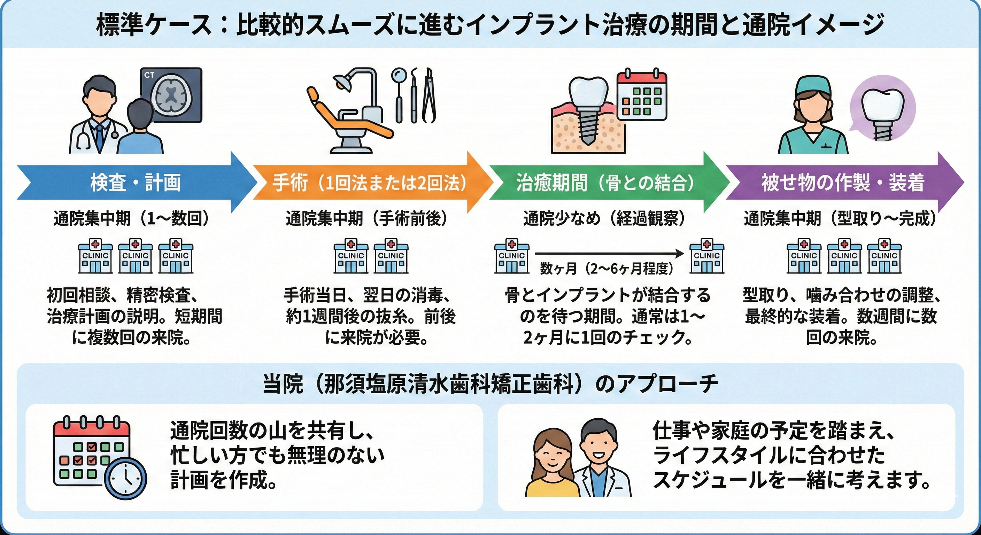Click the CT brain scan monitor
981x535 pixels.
coord(171,95)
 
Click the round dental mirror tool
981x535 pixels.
coord(399,76)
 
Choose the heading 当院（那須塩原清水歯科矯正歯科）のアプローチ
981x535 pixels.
coord(490,384)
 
